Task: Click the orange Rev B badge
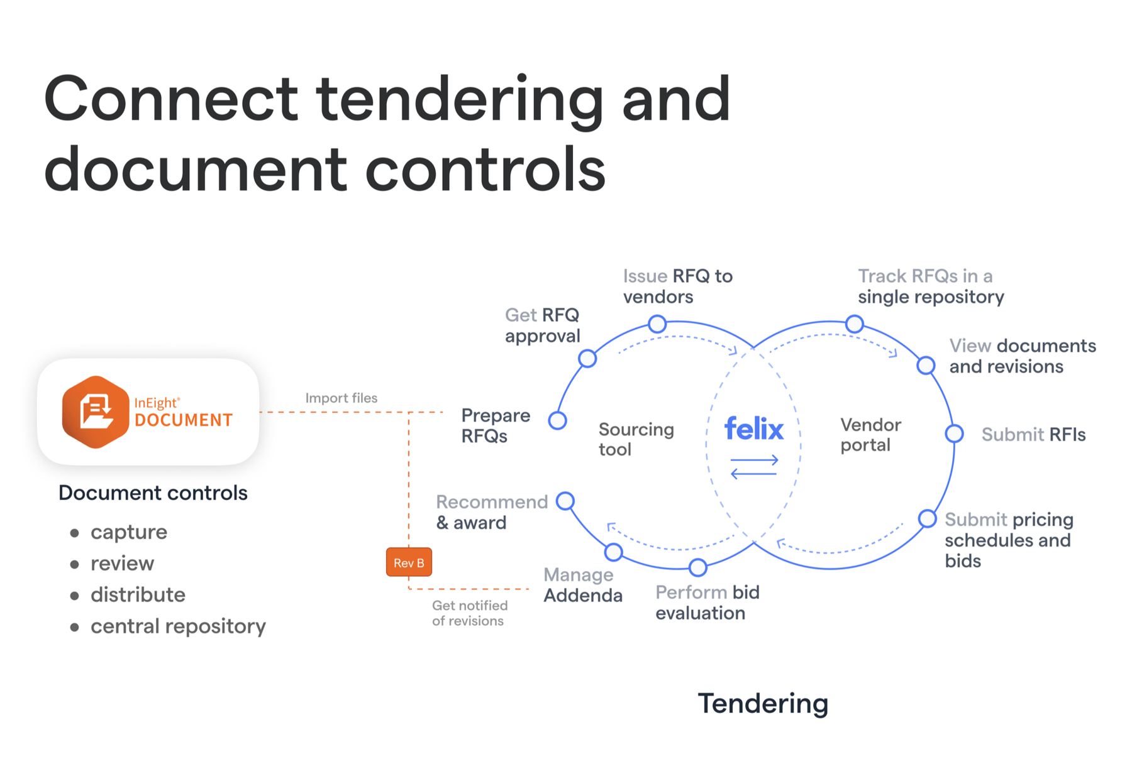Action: coord(409,562)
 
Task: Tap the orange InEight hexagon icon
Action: coord(95,412)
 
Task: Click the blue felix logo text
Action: coord(753,429)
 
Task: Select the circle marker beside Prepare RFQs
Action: coord(557,420)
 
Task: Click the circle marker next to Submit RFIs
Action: coord(954,433)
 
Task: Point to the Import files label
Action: coord(341,398)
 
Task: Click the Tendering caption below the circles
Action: coord(763,703)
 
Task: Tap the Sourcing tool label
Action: coord(635,439)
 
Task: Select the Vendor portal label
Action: coord(870,434)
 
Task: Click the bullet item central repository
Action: coord(178,626)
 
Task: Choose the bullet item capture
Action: coord(129,531)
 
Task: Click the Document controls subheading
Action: coord(153,493)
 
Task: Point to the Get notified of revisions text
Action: coord(469,613)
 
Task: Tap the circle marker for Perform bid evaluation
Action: coord(697,567)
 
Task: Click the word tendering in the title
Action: coord(459,99)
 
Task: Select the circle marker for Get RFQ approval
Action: coord(587,359)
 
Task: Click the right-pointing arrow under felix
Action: coord(754,460)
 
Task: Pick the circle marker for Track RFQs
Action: coord(854,324)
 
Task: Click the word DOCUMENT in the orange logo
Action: coord(184,420)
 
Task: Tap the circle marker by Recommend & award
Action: coord(565,501)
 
